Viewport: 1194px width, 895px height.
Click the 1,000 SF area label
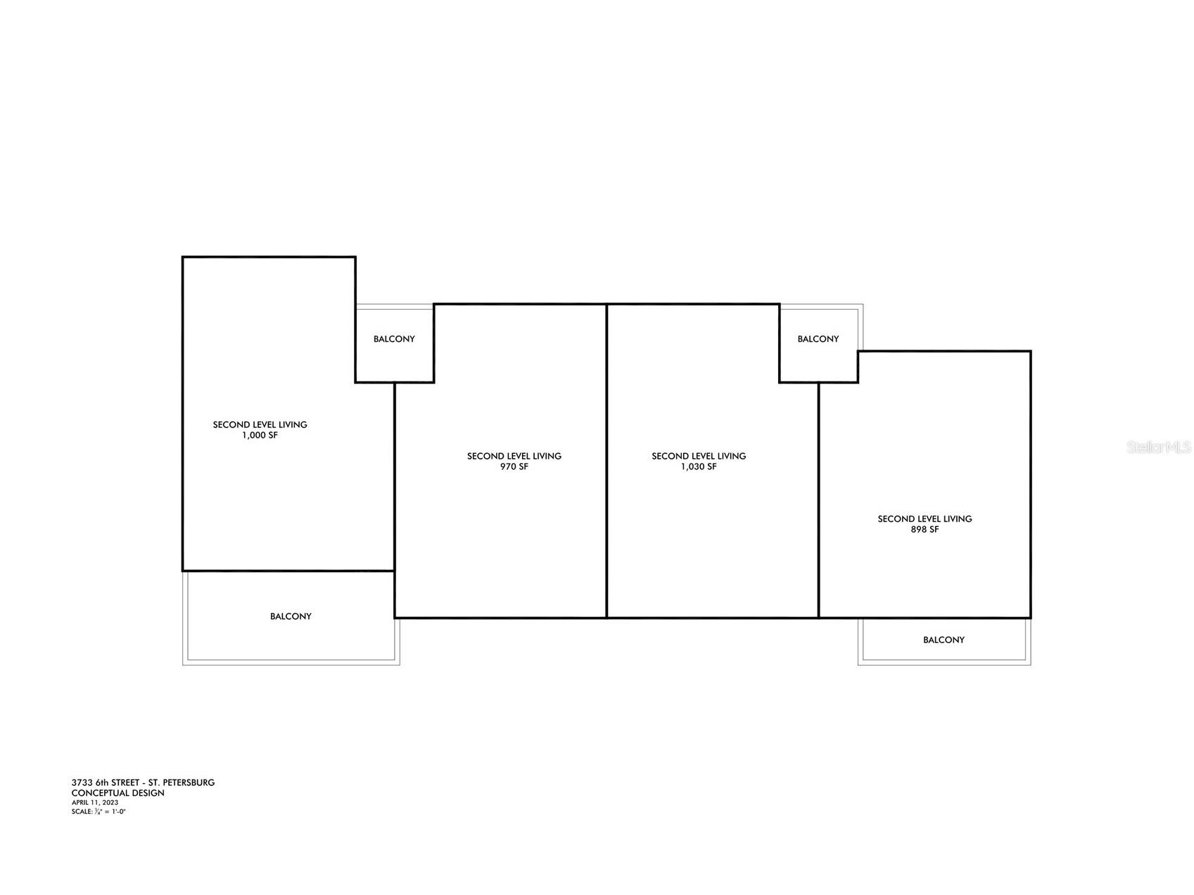point(260,436)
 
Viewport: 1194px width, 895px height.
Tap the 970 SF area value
point(514,467)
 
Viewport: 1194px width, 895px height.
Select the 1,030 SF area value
point(699,467)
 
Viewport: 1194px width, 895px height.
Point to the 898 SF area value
point(925,530)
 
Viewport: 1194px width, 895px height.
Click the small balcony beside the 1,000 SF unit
point(394,343)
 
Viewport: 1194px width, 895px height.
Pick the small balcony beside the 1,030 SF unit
point(818,343)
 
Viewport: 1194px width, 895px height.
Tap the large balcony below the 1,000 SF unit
point(291,617)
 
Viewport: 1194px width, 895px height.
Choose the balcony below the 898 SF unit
point(944,641)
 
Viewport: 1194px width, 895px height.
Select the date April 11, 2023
point(95,802)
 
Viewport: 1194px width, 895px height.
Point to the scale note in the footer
point(99,811)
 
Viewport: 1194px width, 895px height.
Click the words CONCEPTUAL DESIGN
point(118,793)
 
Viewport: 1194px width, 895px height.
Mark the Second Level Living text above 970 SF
point(514,456)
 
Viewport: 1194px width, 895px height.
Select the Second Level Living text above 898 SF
point(925,519)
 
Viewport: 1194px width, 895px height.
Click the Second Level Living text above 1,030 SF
point(699,456)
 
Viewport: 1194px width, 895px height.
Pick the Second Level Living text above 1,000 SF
point(260,425)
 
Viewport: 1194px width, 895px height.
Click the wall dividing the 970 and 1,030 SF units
point(606,461)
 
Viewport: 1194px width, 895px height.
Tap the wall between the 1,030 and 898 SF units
point(819,500)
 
